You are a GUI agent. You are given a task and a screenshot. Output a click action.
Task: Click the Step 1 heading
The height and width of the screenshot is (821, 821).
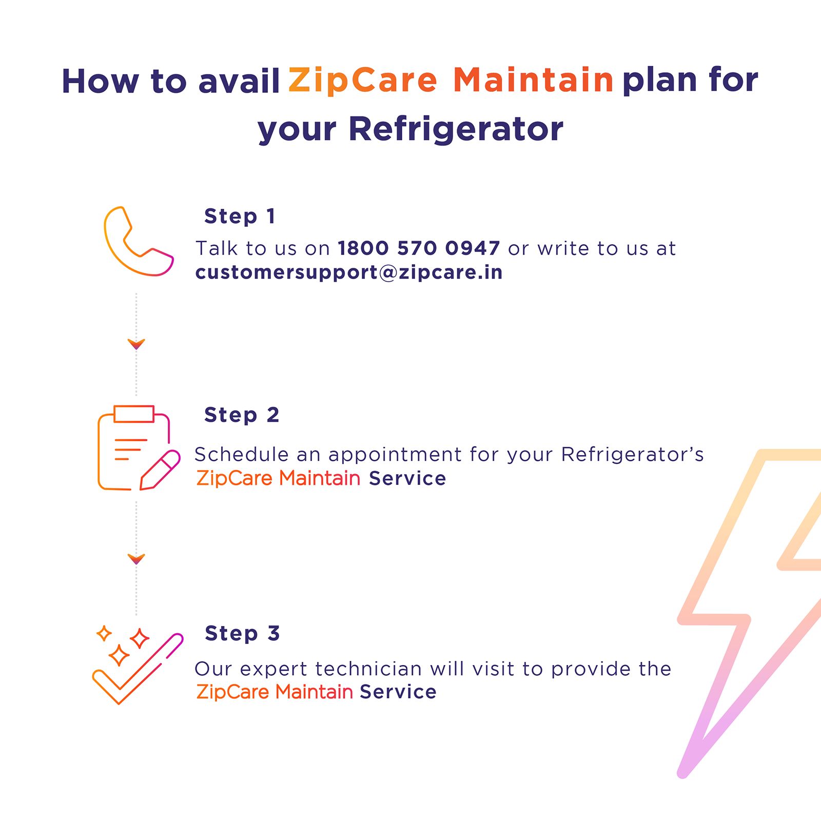(x=240, y=216)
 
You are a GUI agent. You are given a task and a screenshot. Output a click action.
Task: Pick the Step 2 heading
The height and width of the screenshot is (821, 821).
(x=242, y=415)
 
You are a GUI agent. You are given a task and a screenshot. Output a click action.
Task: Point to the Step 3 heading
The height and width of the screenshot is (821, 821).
(x=242, y=633)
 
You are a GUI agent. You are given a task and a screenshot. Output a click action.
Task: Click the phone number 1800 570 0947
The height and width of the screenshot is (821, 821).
(x=419, y=248)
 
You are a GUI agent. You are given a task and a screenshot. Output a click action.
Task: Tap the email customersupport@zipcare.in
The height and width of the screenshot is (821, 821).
(x=349, y=272)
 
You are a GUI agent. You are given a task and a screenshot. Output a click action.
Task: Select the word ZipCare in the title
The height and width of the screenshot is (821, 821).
(x=363, y=81)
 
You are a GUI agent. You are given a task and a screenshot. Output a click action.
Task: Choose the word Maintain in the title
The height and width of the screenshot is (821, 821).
(x=533, y=81)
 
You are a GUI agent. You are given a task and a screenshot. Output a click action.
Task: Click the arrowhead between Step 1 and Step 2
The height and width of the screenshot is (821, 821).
(x=136, y=344)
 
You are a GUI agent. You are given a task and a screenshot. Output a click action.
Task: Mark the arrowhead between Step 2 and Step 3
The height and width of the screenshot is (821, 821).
(x=136, y=558)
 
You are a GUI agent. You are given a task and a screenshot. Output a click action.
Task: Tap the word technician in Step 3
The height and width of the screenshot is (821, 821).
(x=368, y=669)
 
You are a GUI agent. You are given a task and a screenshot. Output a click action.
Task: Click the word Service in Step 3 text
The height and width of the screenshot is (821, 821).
(x=398, y=692)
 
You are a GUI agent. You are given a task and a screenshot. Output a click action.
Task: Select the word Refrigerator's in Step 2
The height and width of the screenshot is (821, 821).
(x=632, y=455)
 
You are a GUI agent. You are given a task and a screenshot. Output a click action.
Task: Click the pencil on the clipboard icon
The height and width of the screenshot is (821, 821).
(x=160, y=470)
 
